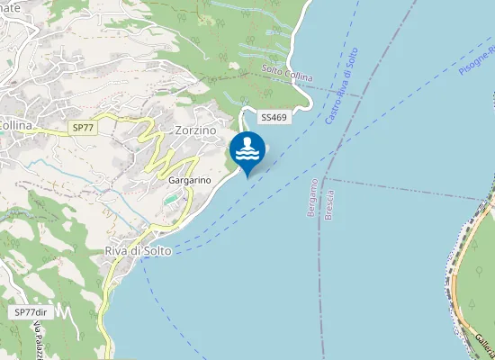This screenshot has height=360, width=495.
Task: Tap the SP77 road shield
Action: tap(83, 129)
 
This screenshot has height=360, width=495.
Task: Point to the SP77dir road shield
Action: tap(30, 311)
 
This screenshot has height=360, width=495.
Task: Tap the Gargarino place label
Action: tap(189, 180)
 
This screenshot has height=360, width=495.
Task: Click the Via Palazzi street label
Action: tap(39, 342)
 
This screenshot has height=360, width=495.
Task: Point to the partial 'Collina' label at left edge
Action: tap(15, 125)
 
